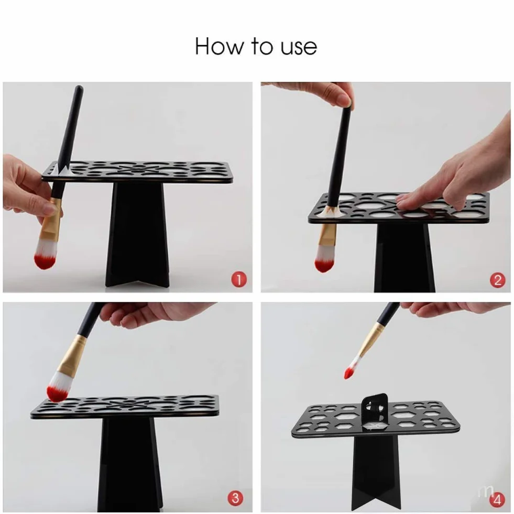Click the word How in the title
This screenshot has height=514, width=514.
(219, 46)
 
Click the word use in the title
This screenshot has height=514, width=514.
(299, 48)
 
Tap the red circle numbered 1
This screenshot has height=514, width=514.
(238, 280)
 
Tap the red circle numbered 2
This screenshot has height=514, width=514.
(497, 280)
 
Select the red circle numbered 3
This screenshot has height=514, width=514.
(235, 499)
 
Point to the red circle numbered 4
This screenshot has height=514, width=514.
(497, 500)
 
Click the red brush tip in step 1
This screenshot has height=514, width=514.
(44, 260)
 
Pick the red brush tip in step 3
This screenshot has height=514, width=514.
(57, 393)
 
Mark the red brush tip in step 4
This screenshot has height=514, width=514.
(349, 373)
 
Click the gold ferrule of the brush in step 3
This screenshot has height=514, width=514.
(74, 355)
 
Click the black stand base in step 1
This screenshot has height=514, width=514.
(138, 234)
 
